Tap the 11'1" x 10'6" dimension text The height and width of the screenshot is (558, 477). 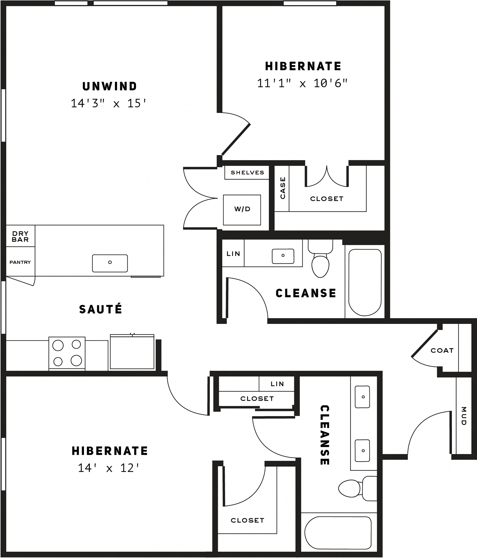click(x=302, y=83)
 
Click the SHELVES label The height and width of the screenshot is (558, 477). click(x=247, y=173)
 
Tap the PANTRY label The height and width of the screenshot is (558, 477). click(x=20, y=262)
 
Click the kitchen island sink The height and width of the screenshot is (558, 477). click(x=110, y=263)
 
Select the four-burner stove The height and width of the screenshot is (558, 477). click(x=67, y=353)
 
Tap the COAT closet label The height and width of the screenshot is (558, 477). click(x=442, y=350)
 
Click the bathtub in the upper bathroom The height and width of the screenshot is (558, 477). click(x=365, y=282)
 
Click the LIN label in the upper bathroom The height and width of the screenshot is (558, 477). click(x=233, y=253)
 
